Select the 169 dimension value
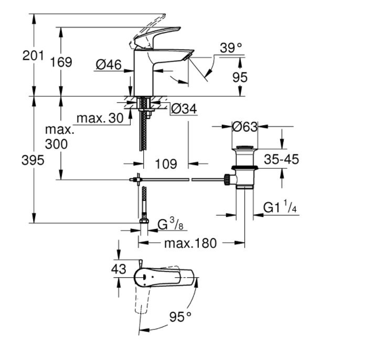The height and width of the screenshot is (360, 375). pyautogui.click(x=61, y=62)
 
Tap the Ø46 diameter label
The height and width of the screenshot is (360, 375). pyautogui.click(x=109, y=65)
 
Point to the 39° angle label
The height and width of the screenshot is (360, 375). pyautogui.click(x=231, y=48)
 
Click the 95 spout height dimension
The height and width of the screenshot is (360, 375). pyautogui.click(x=239, y=78)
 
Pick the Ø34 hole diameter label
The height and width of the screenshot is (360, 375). pyautogui.click(x=184, y=109)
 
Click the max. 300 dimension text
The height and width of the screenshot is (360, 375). pyautogui.click(x=59, y=137)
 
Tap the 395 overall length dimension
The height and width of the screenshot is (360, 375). pyautogui.click(x=33, y=161)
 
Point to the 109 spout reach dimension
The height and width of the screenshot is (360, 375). pyautogui.click(x=166, y=163)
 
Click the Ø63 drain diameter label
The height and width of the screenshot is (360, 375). pyautogui.click(x=245, y=127)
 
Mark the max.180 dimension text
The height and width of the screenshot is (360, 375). pyautogui.click(x=190, y=243)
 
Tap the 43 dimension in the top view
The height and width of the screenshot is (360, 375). pyautogui.click(x=120, y=269)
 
